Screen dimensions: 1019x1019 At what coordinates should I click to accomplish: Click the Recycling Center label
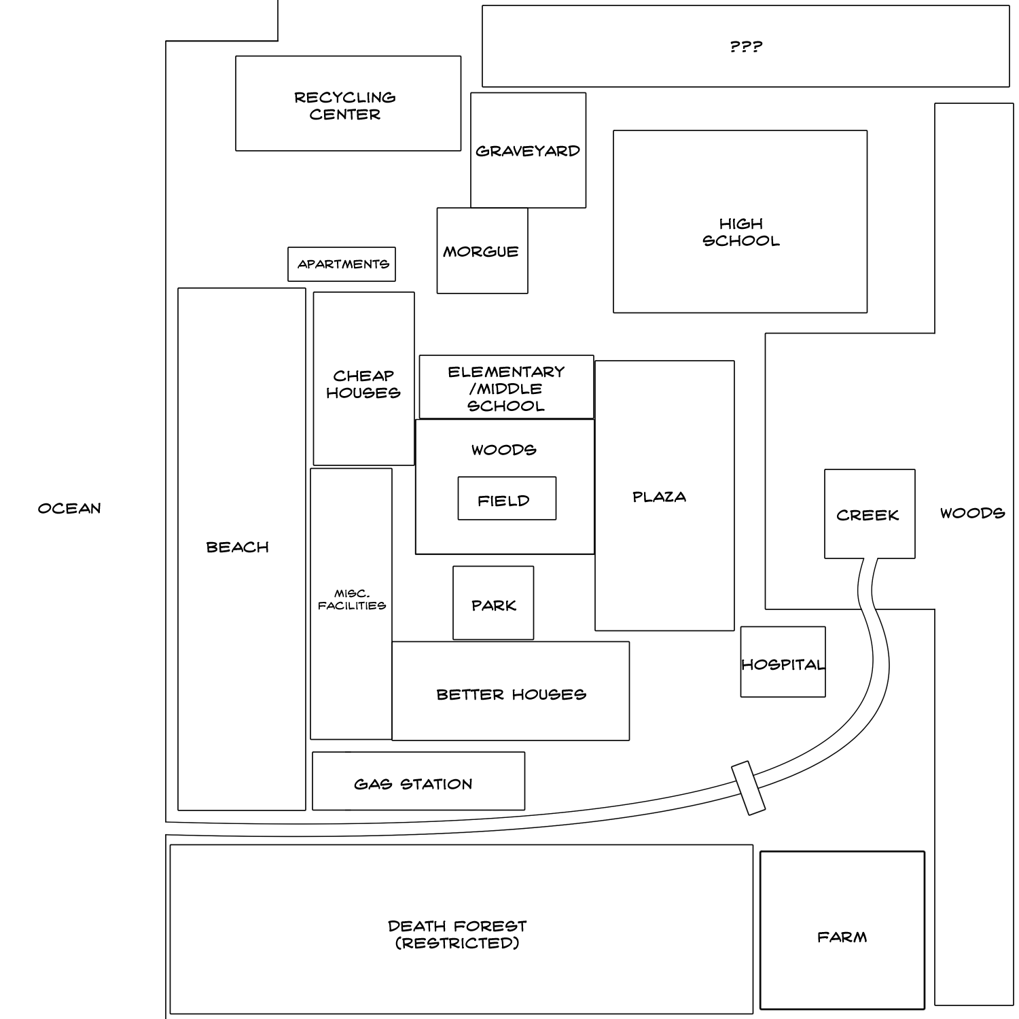[x=345, y=106]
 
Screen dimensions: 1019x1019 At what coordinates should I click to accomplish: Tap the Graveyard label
[x=528, y=151]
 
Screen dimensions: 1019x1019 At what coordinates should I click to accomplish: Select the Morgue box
[x=482, y=251]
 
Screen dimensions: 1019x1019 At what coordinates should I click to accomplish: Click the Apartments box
[x=342, y=264]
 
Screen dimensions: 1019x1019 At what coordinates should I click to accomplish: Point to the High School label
[x=740, y=232]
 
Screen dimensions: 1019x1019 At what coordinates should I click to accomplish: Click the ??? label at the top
[x=746, y=47]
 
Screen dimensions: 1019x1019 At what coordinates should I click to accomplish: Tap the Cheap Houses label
[x=363, y=384]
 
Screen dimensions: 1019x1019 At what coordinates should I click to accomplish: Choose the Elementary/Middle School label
[x=506, y=389]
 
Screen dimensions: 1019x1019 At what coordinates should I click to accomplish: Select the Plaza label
[x=659, y=497]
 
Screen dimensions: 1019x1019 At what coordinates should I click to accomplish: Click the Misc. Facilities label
[x=352, y=600]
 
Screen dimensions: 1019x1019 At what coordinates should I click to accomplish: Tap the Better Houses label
[x=511, y=694]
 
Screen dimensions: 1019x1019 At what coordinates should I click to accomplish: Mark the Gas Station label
[x=413, y=784]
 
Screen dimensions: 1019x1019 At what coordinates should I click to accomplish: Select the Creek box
[x=870, y=514]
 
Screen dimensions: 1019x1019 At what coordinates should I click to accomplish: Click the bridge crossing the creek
[x=748, y=788]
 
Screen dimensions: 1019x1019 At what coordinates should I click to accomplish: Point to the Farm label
[x=842, y=937]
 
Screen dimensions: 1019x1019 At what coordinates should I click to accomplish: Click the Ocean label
[x=69, y=509]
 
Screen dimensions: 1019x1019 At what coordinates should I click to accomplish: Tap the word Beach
[x=238, y=548]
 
